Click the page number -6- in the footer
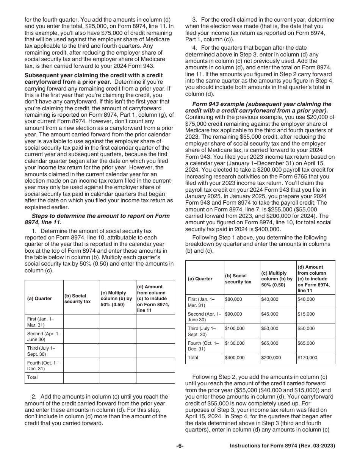(180, 446)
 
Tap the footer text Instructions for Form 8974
(282, 446)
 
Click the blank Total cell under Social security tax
(81, 377)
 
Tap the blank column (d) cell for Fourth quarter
(155, 365)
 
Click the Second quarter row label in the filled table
(204, 316)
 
